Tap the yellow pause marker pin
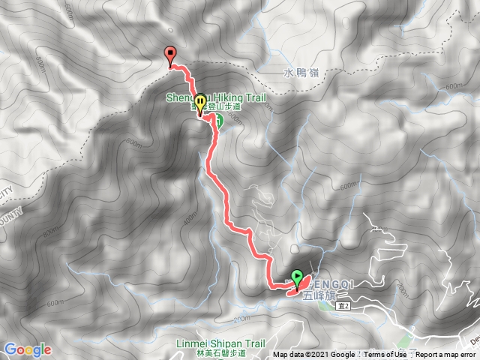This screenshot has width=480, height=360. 201,102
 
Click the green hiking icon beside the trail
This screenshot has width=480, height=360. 220,123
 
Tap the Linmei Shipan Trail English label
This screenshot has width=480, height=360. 227,343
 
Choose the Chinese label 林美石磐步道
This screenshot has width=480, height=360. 227,353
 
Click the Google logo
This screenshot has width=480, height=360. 27,349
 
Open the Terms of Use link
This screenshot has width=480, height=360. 386,355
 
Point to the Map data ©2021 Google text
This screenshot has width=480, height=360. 314,355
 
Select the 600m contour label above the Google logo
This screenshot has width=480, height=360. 55,303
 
